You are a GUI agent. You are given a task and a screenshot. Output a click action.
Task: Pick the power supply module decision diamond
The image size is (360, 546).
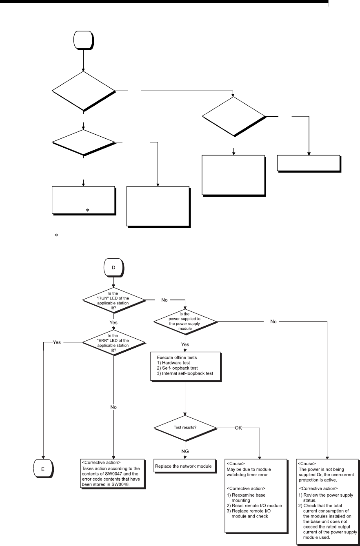185,322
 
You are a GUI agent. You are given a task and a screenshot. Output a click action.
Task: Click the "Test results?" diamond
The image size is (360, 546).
185,428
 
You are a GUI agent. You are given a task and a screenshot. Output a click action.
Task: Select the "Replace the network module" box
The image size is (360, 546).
185,466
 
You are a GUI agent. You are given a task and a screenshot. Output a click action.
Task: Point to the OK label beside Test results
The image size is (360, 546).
239,428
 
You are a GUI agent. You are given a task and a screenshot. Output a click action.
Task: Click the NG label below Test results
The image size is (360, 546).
185,451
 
